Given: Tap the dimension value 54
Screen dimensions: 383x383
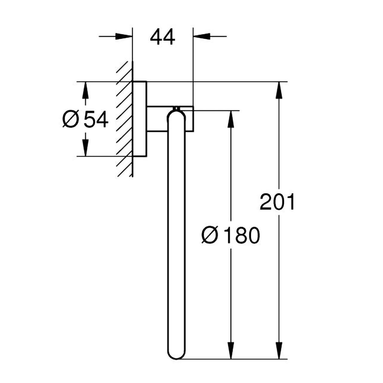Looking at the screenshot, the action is pyautogui.click(x=96, y=119).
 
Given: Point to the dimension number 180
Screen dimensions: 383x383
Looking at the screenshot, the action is pyautogui.click(x=242, y=235).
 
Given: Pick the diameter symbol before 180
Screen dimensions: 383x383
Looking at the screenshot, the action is pyautogui.click(x=210, y=235).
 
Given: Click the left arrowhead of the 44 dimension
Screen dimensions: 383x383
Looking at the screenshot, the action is pyautogui.click(x=124, y=37).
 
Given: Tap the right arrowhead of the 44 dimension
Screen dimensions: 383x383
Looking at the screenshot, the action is pyautogui.click(x=202, y=37).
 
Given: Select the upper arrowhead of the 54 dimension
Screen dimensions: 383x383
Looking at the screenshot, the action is pyautogui.click(x=86, y=90).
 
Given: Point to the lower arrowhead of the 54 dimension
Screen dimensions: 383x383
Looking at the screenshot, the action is pyautogui.click(x=86, y=148).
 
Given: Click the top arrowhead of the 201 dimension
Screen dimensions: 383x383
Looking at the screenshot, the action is pyautogui.click(x=279, y=90).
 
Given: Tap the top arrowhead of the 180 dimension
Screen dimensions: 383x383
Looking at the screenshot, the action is pyautogui.click(x=231, y=119).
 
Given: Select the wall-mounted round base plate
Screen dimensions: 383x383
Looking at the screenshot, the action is pyautogui.click(x=140, y=119).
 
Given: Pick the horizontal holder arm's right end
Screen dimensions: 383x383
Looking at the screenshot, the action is pyautogui.click(x=193, y=119).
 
